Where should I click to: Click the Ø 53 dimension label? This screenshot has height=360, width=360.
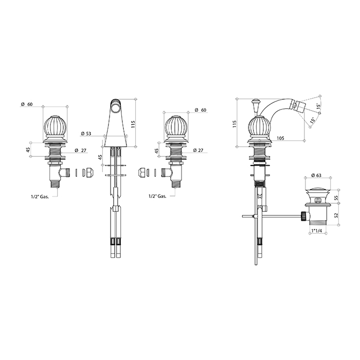click(86, 134)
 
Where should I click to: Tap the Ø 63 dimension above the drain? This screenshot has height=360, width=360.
click(316, 175)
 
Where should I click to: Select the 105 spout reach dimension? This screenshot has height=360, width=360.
click(280, 138)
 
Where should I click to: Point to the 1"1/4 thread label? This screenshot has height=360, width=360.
click(316, 230)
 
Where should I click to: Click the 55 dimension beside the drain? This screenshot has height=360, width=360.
click(336, 197)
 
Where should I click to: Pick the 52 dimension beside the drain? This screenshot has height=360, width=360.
click(336, 215)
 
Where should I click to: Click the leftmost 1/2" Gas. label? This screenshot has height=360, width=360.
click(40, 196)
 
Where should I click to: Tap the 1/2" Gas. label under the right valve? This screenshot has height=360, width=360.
click(157, 196)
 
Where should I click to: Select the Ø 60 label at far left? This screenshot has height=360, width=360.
click(27, 104)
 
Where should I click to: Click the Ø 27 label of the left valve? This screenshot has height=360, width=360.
click(80, 150)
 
